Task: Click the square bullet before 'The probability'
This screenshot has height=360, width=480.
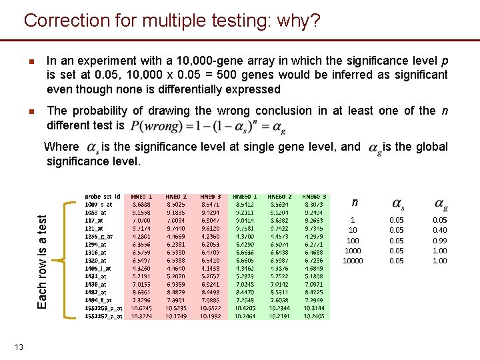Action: [31, 111]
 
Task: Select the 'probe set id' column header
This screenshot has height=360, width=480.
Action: [103, 197]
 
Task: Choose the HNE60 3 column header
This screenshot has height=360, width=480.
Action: [313, 197]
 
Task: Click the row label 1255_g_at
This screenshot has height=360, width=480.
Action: [99, 236]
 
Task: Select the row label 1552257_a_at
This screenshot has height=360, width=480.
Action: [104, 316]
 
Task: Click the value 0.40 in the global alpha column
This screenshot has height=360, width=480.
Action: [440, 230]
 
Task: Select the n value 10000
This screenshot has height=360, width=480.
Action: [353, 261]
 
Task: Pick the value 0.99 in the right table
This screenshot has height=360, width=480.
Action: [440, 241]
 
